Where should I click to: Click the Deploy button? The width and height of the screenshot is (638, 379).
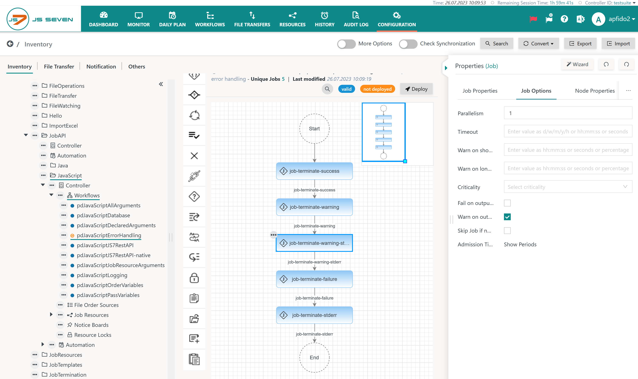pos(416,89)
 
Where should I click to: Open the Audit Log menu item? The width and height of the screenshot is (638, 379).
pos(356,19)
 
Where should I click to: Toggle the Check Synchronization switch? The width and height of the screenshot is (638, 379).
pos(408,44)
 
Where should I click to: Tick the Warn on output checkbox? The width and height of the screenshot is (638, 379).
pos(507,217)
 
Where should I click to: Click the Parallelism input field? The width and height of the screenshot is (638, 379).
pos(568,113)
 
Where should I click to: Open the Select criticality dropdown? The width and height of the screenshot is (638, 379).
pos(568,187)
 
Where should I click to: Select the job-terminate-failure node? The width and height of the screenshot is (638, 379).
pos(314,279)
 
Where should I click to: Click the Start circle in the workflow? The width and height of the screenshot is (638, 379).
pos(314,128)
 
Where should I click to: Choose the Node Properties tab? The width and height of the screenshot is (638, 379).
pos(595,91)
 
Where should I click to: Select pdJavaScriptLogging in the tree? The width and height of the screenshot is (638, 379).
pos(102,275)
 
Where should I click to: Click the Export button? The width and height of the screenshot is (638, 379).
pos(580,44)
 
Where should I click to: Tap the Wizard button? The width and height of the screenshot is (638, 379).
pos(577,64)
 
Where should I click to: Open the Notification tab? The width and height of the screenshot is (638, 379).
pos(101,66)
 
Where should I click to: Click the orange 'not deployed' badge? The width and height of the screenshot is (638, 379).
pos(377,89)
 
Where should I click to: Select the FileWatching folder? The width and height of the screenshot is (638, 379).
pos(65,106)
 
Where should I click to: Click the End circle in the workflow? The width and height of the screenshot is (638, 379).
pos(314,357)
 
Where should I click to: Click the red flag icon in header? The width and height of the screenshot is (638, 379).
pos(533,19)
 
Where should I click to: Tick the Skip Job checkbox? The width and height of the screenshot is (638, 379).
pos(507,231)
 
